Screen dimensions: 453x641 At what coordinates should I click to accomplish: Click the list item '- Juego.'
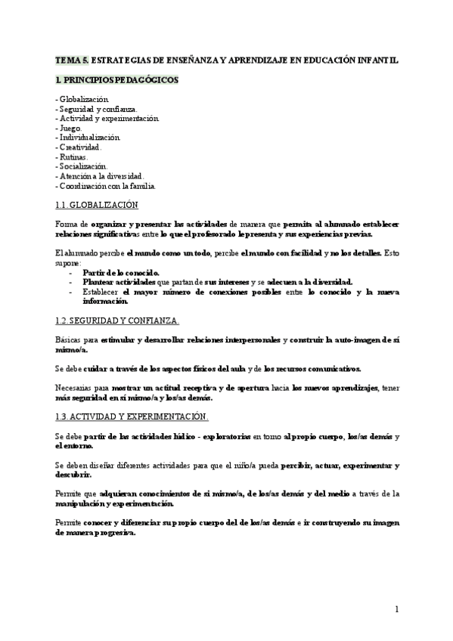70,129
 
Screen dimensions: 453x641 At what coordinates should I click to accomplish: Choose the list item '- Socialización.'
82,166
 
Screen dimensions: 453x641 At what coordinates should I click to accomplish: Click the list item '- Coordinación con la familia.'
106,185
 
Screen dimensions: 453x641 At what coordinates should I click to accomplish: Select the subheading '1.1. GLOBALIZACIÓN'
97,205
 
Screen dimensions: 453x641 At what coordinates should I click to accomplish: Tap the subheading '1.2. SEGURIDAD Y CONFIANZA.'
118,320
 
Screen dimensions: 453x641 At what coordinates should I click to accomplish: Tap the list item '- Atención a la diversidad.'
100,176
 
